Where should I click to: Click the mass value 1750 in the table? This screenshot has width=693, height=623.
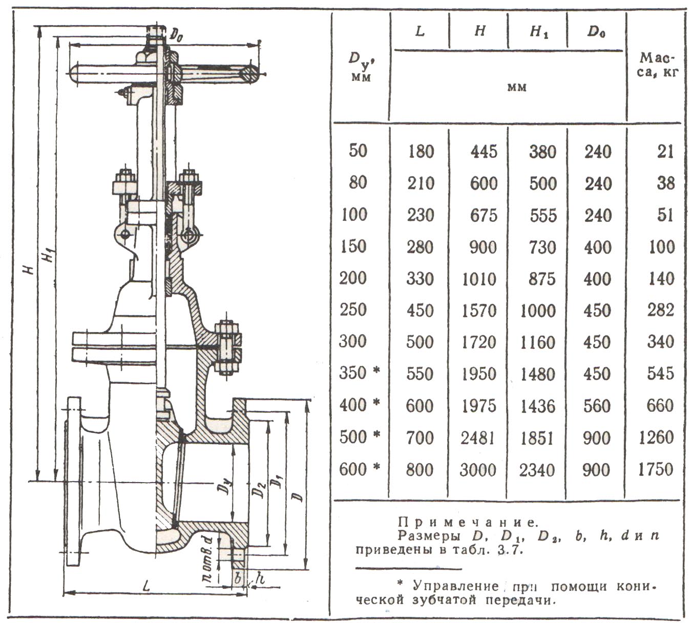coord(655,469)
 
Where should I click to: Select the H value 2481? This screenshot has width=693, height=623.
coord(478,438)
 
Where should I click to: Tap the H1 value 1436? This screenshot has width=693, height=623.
coord(537,406)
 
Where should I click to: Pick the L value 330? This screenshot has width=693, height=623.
coord(419,278)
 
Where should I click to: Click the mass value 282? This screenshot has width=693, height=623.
coord(661,310)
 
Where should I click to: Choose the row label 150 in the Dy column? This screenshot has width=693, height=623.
coord(353,246)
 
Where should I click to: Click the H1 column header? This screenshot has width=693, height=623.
coord(539,32)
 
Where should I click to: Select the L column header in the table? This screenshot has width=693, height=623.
coord(419,31)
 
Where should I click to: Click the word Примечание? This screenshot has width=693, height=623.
coord(468,522)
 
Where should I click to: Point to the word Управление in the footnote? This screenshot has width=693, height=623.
coord(456,586)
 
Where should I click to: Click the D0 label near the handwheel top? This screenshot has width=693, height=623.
coord(176,35)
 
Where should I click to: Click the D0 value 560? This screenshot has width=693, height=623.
coord(597,406)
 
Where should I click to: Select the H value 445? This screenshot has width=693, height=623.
coord(484,152)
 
